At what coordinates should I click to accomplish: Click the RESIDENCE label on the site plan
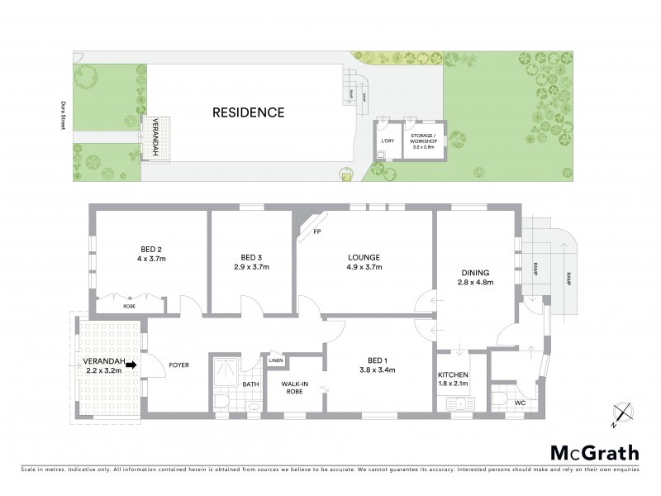(248, 112)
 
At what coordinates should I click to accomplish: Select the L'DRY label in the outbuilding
(387, 141)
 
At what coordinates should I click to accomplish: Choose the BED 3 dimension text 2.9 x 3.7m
(250, 267)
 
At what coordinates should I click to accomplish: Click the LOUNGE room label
(364, 256)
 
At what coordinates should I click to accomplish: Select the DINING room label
(476, 273)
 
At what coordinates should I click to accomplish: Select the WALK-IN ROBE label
(295, 388)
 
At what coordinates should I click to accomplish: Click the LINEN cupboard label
(276, 360)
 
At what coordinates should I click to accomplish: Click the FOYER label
(179, 364)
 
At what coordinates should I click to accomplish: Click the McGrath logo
(593, 452)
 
